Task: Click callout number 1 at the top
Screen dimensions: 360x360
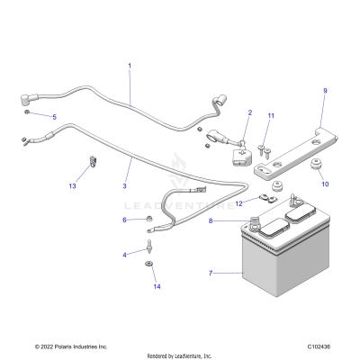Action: (129, 66)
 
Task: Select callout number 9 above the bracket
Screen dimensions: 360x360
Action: (325, 91)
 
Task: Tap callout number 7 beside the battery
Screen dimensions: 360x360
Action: (210, 272)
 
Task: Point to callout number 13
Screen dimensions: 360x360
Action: (72, 186)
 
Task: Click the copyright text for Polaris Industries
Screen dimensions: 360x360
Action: (71, 346)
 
